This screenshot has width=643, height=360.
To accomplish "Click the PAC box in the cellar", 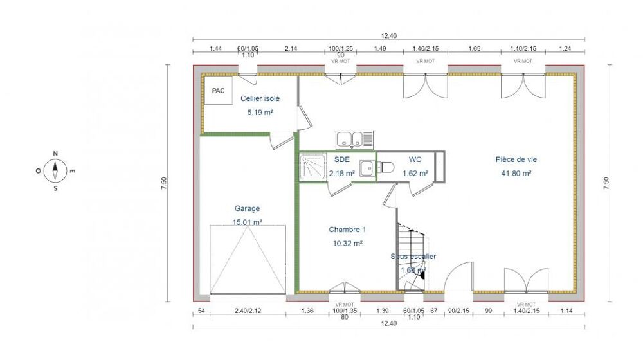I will coord(217,91).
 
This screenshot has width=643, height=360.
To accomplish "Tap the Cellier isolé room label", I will coord(260,98).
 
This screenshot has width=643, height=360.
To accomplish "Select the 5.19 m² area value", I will coord(260,112).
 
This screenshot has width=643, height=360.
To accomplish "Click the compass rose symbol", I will coord(56,170).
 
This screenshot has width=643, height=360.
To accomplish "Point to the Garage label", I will coord(248,208).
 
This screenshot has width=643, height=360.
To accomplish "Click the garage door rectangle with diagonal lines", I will coord(248,260).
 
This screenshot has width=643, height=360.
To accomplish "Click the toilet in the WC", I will coord(386,168).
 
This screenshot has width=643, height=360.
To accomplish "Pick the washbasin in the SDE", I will coord(367,168).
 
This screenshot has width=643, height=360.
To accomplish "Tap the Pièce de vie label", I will coord(516,159).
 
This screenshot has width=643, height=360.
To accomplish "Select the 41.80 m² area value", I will coord(516,173).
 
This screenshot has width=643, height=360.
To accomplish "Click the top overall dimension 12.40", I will coord(388,36).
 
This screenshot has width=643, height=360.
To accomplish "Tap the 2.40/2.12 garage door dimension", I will coord(248,312).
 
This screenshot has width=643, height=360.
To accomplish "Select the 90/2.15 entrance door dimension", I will coord(458,312).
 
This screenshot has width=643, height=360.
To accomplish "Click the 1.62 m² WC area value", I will coord(415,173).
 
